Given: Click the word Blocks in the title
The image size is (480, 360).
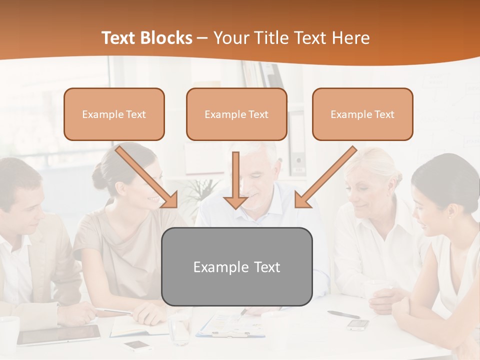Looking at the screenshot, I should (x=167, y=38).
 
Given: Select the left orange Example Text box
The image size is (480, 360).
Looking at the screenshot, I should (x=114, y=114).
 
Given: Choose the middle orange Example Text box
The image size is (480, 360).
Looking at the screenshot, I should (x=236, y=114).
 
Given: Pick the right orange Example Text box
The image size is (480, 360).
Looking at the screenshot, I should (x=362, y=114).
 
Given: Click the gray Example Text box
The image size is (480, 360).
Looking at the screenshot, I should (x=236, y=266).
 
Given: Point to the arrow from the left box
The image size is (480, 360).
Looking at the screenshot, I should (x=148, y=177).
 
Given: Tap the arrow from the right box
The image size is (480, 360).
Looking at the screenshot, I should (x=325, y=177).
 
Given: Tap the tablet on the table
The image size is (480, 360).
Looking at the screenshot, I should (x=59, y=334).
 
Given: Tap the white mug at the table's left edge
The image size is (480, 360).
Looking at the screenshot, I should (x=8, y=332).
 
